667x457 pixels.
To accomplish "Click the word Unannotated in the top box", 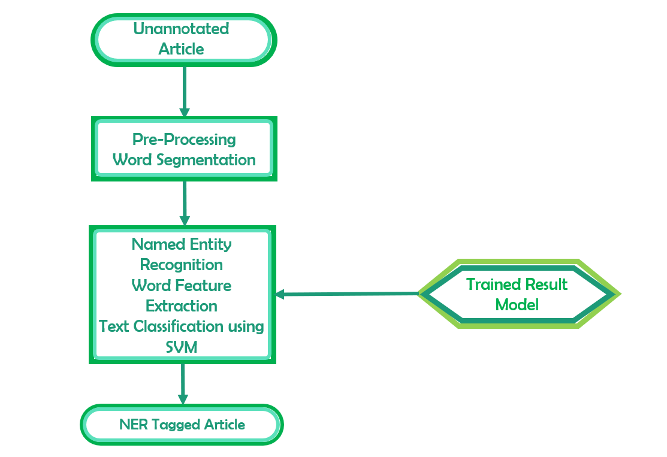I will pos(181,29).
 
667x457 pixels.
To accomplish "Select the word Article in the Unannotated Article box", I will pos(181,49).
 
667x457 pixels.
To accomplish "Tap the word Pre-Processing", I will pos(184,140).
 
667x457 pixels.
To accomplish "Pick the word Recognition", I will pos(182,265).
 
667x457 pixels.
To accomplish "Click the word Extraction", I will pos(182,305).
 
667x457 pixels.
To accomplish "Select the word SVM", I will pos(182,346).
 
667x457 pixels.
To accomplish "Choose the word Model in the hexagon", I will pos(517,304).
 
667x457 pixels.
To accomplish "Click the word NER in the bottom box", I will pos(134,425).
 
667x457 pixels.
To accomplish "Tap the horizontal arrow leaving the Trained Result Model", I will pos(348,293).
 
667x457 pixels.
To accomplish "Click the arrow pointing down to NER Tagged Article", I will pos(183,383).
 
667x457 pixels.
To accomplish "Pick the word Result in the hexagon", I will pos(542,284).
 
